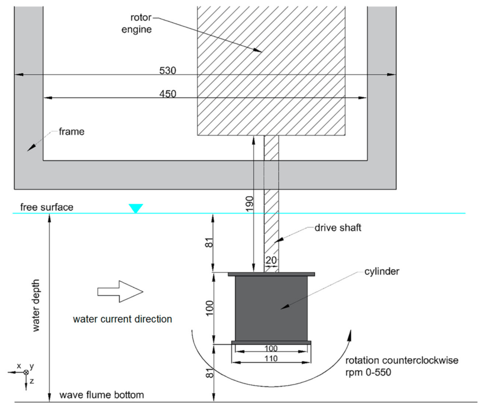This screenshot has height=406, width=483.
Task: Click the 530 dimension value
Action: click(168, 70)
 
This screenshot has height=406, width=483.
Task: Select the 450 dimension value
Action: click(168, 94)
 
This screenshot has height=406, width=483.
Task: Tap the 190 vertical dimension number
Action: click(250, 203)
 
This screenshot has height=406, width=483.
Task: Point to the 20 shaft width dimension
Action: click(271, 260)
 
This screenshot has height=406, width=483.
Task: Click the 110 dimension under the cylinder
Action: click(271, 359)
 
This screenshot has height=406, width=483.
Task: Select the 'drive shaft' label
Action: click(338, 228)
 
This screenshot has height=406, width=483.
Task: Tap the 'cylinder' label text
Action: click(382, 271)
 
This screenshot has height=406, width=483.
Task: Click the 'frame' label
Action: click(71, 132)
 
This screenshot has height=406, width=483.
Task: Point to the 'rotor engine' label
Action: click(137, 23)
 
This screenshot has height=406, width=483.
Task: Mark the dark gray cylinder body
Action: click(271, 308)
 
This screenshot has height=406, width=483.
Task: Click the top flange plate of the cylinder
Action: click(271, 274)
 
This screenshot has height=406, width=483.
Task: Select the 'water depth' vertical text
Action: click(36, 305)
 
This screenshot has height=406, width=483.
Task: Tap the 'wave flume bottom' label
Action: click(101, 395)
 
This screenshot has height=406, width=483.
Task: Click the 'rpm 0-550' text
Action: click(368, 372)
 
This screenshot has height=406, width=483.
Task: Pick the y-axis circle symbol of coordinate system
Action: click(26, 372)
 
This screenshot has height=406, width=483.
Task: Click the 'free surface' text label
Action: click(47, 207)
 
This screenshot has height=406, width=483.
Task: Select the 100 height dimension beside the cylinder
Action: click(210, 308)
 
